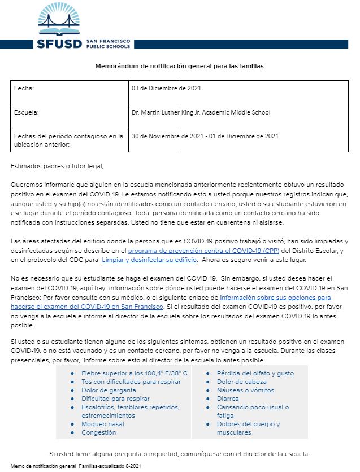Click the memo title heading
pos(179,66)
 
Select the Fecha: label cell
pos(26,89)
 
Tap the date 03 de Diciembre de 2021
pos(166,89)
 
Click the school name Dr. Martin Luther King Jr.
pos(201,112)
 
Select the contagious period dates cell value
pos(205,136)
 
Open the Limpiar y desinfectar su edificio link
pos(149,259)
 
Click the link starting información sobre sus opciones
pos(275,297)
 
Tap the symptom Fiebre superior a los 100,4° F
pos(135,374)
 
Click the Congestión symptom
pos(99,432)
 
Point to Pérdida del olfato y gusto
pos(255,374)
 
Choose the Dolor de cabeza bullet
pos(242,382)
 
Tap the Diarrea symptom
pos(229,399)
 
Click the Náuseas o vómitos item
pos(245,390)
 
